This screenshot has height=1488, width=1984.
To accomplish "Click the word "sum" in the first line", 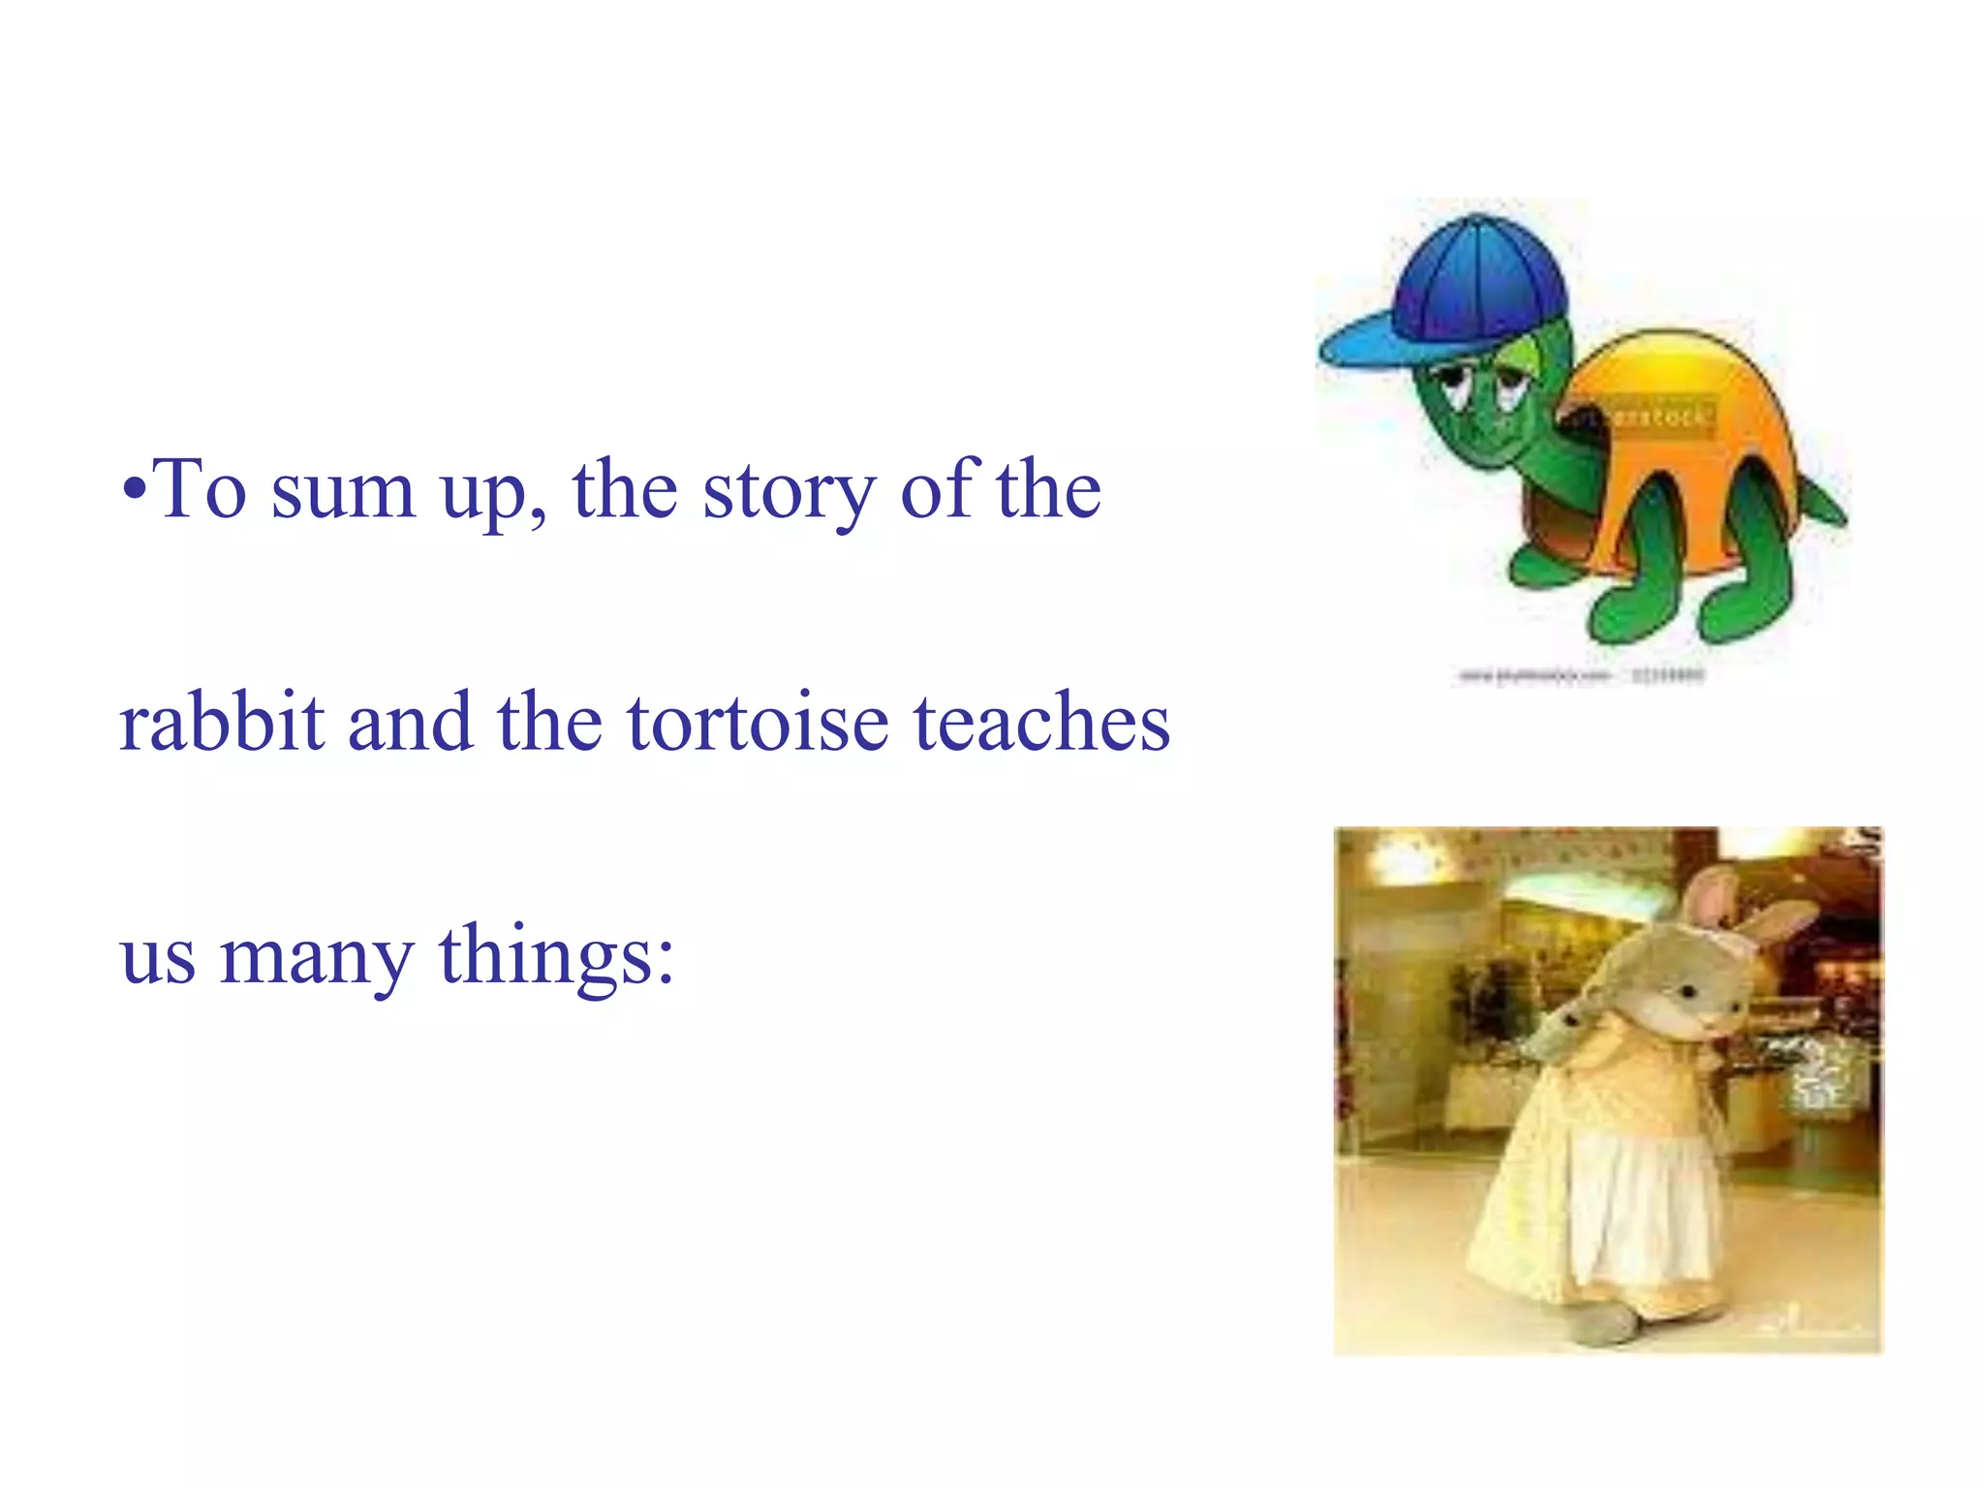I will pyautogui.click(x=343, y=492).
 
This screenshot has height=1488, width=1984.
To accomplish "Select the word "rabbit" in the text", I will pyautogui.click(x=221, y=724).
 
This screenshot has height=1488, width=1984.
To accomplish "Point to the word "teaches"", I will pyautogui.click(x=1041, y=724).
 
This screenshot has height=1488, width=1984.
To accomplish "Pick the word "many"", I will pyautogui.click(x=316, y=957).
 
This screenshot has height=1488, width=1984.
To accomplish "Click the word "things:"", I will pyautogui.click(x=556, y=957).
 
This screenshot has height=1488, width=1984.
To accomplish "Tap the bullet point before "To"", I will pyautogui.click(x=136, y=487).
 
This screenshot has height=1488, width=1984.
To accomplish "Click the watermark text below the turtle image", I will pyautogui.click(x=1579, y=675).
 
